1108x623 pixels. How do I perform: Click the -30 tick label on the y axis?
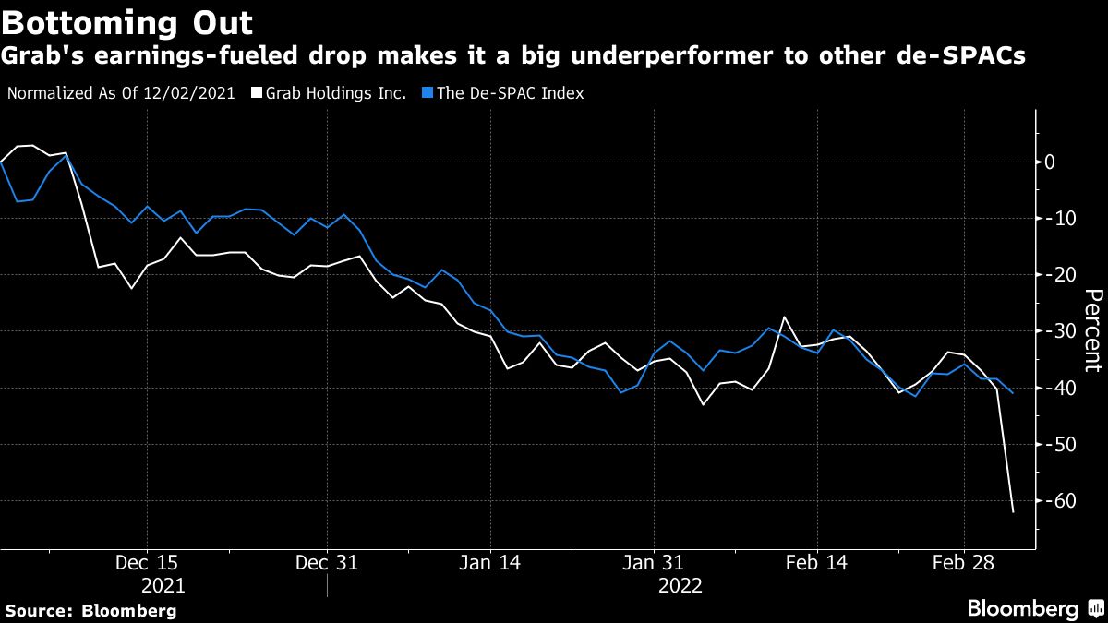click(1063, 331)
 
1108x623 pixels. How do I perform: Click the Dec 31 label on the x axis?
click(326, 563)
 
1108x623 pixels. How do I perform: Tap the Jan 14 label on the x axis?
click(490, 563)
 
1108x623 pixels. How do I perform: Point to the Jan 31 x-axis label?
click(653, 563)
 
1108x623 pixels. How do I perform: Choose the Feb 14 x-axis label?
click(817, 563)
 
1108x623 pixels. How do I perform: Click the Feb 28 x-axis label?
click(963, 563)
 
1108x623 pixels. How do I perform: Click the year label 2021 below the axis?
click(163, 586)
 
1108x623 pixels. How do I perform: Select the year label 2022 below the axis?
click(680, 586)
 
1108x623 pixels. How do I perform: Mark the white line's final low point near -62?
click(1013, 512)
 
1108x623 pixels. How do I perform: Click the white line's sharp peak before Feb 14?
click(785, 317)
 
